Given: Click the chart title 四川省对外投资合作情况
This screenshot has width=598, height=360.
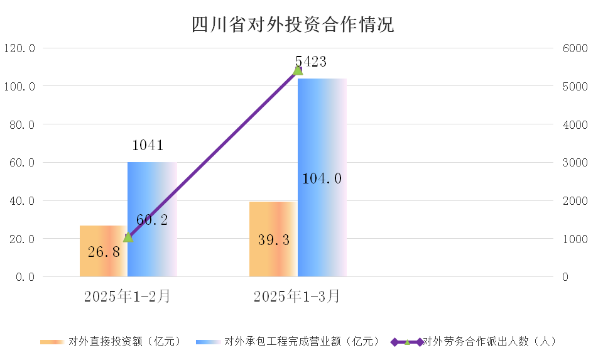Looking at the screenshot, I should [x=293, y=25].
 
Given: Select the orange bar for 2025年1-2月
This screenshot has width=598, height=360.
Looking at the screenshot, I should [x=103, y=251].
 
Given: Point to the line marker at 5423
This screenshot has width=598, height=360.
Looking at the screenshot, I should [x=298, y=70].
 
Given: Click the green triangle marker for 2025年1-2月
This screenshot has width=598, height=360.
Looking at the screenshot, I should [x=128, y=237].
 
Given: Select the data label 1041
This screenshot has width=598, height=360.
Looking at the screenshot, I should [x=148, y=146].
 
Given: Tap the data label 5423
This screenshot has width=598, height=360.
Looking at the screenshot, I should [x=310, y=61].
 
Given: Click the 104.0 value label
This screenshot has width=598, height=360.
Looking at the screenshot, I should [x=322, y=179].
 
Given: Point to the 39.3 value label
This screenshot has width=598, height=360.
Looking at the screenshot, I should [x=273, y=240].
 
